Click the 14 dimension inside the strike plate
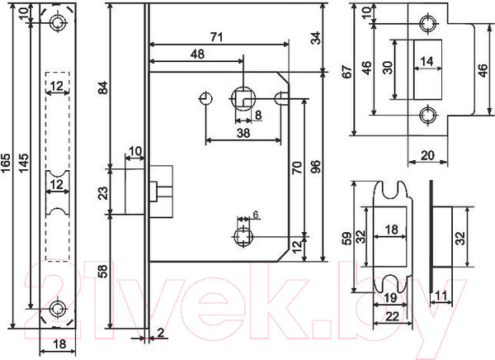(426, 61)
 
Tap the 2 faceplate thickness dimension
(159, 333)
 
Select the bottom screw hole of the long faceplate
(57, 309)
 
